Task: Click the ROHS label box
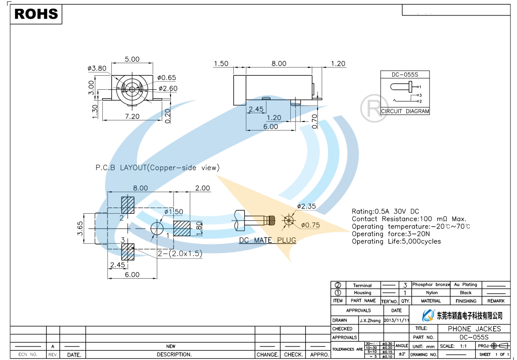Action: point(36,14)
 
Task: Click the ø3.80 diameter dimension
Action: point(97,68)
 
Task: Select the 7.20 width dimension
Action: point(131,116)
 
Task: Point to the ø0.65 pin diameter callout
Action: point(167,78)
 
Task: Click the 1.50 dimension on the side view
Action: point(221,64)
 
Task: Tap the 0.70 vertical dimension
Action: point(315,121)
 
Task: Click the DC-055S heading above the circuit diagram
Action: point(404,75)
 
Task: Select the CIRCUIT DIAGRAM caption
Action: point(405,111)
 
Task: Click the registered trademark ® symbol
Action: point(374,108)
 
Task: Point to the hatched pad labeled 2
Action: point(128,204)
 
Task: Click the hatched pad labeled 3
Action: point(128,252)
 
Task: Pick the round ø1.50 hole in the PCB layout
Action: point(157,228)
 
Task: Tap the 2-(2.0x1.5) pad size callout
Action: point(180,253)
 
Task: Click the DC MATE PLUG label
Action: point(267,240)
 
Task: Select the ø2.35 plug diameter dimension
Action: point(307,206)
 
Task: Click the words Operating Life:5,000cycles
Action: point(396,241)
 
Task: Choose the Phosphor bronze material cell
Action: point(431,285)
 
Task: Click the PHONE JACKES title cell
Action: point(474,329)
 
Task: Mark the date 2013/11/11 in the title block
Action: point(396,321)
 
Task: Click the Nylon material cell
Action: point(431,293)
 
